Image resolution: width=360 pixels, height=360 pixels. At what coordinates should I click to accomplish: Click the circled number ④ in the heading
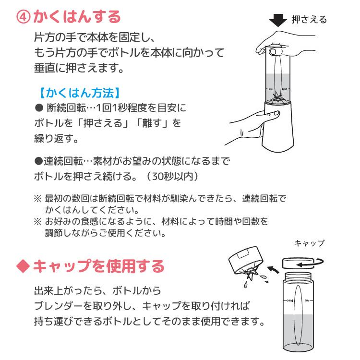click(24, 17)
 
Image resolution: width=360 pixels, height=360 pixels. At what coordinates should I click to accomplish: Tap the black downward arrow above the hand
click(277, 21)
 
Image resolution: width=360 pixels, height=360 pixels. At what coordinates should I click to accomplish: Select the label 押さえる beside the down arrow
click(309, 20)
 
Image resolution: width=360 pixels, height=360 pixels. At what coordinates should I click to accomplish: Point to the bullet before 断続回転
click(39, 108)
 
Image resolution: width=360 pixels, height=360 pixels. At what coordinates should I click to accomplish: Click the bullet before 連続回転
click(38, 160)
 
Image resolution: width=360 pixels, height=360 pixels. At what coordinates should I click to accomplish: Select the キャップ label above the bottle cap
click(309, 243)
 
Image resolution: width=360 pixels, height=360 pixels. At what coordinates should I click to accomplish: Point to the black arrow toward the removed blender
click(273, 272)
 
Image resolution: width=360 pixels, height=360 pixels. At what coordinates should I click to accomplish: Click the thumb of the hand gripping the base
click(273, 113)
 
